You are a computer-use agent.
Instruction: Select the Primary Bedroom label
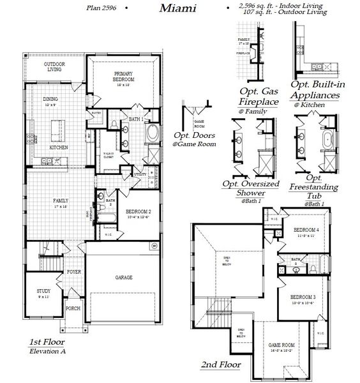click(x=123, y=77)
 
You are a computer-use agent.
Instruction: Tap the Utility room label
click(x=140, y=174)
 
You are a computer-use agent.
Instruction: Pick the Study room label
click(x=43, y=291)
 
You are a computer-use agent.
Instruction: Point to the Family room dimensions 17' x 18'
click(x=61, y=206)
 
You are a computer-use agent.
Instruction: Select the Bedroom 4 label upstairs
click(x=306, y=230)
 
